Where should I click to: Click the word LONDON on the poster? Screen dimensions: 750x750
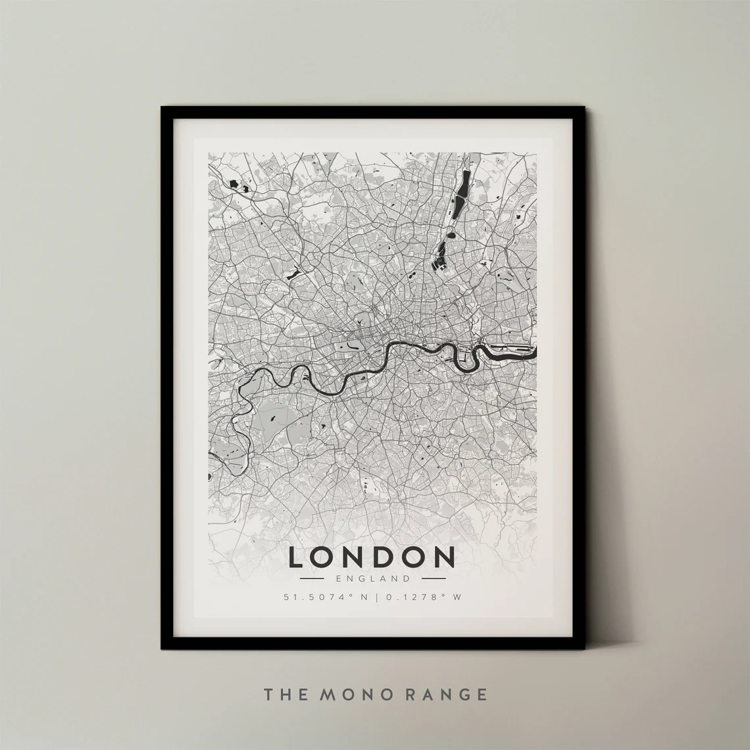coord(372,557)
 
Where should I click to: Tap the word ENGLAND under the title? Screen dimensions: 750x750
coord(372,579)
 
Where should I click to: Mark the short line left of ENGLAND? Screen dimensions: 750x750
coord(311,579)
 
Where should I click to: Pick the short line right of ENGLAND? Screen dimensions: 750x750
coord(433,579)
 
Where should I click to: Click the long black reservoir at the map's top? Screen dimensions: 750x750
coord(464,184)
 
